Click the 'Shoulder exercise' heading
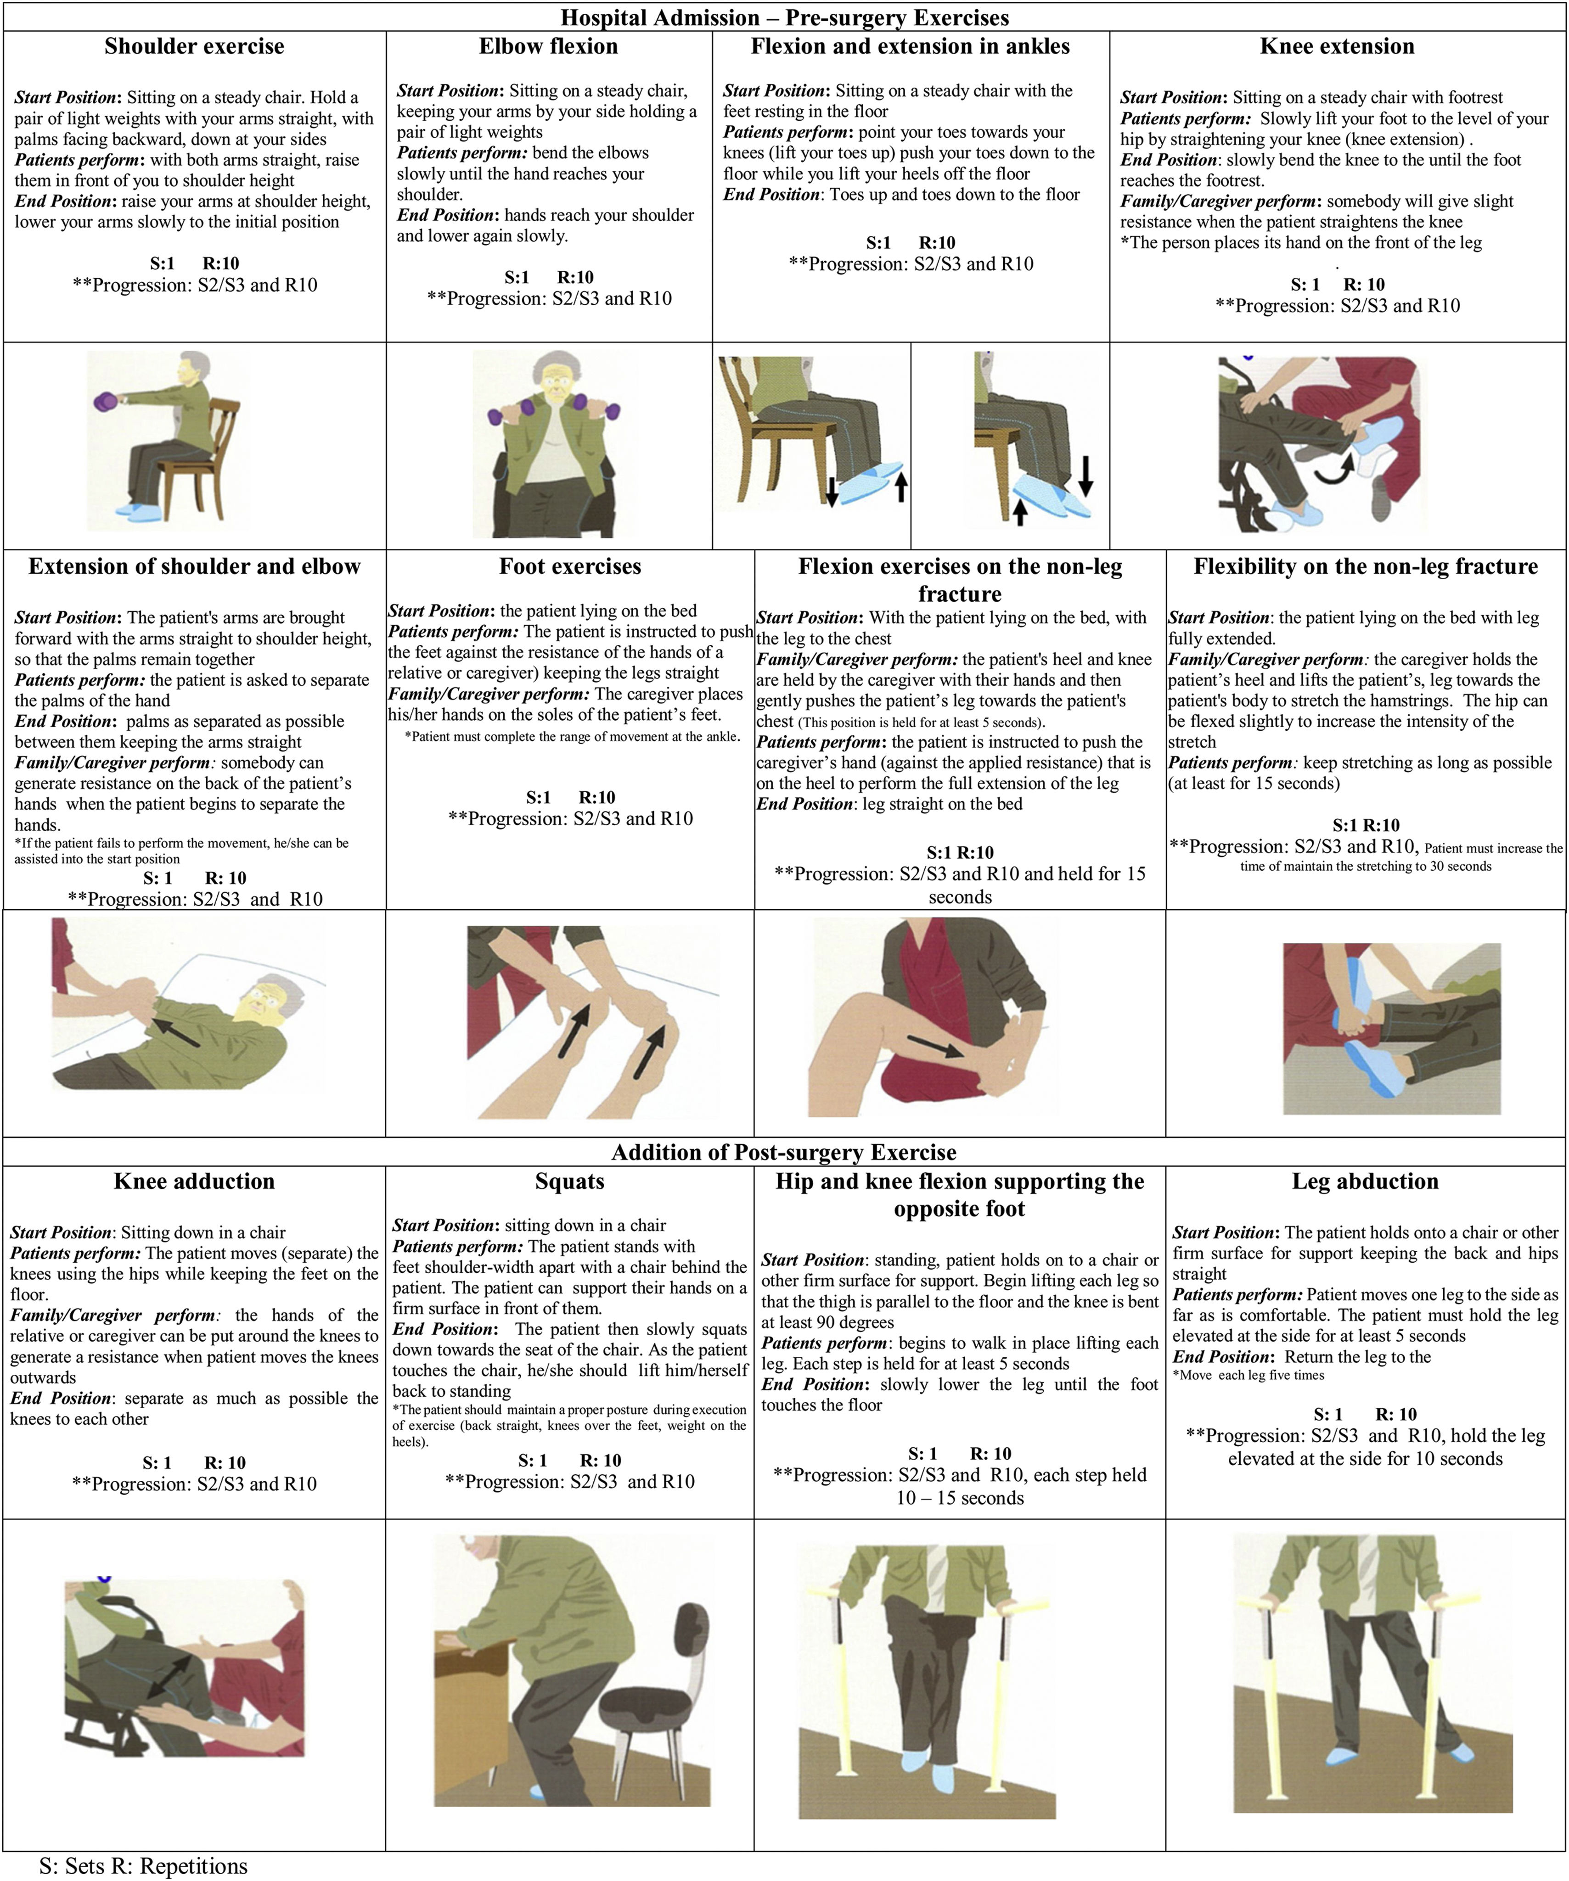[194, 46]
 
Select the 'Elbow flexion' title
[548, 46]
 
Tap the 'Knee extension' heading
[1337, 46]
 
